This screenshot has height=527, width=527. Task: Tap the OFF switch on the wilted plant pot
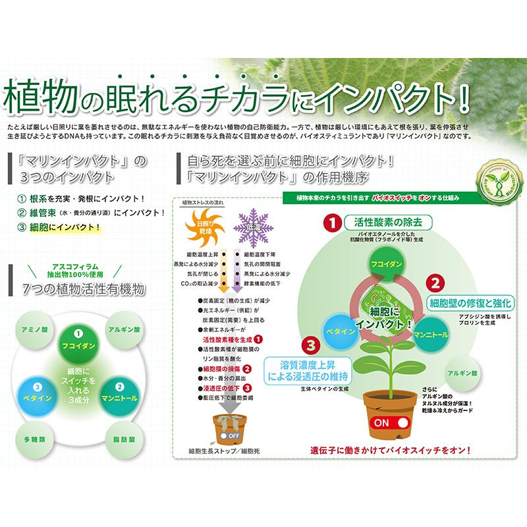tap(231, 435)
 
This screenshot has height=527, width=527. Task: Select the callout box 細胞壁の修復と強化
tap(470, 303)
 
